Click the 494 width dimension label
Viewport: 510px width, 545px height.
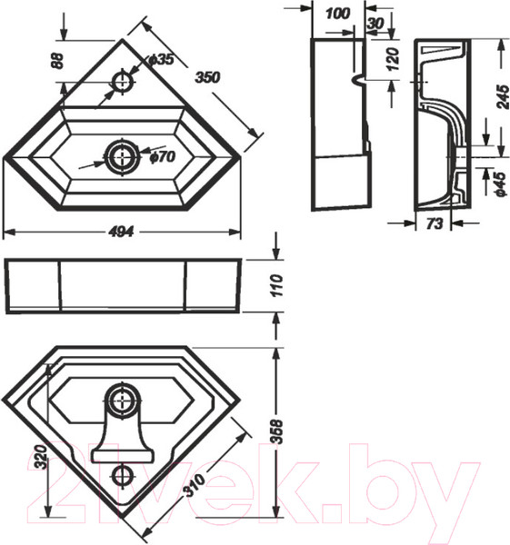(x=121, y=232)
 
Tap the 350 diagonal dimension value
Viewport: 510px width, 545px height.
(x=207, y=77)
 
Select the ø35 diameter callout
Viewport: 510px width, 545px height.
(x=160, y=59)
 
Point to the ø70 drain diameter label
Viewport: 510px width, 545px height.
(x=163, y=157)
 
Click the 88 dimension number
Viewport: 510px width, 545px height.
(x=58, y=61)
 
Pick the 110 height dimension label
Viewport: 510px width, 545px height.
(x=277, y=285)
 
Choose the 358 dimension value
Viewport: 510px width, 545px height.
(x=277, y=431)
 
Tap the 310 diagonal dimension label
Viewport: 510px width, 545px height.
(x=195, y=486)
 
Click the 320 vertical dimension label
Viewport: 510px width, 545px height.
(x=41, y=457)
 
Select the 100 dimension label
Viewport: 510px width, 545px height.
(x=338, y=14)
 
